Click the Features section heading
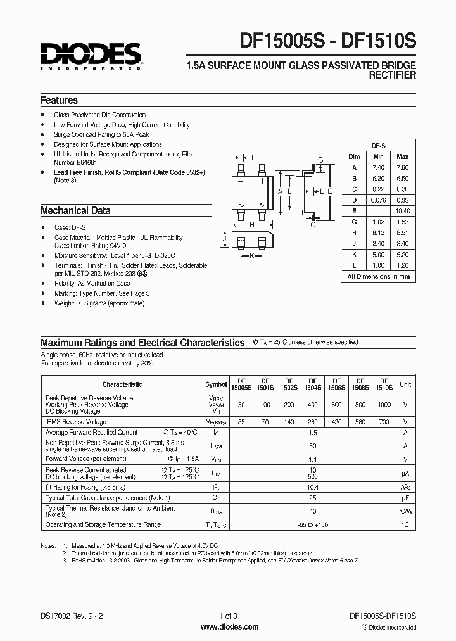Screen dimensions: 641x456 coord(59,101)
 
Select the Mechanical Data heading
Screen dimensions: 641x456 coord(75,211)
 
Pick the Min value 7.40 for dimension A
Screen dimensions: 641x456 coord(379,167)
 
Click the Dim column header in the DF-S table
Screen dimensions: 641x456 coord(354,156)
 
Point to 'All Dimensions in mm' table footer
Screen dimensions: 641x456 coord(378,276)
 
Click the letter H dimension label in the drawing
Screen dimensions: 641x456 coord(251,225)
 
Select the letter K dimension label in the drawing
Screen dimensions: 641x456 coord(251,256)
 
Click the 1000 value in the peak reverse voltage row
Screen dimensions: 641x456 coord(384,405)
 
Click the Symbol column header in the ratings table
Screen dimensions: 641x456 coord(217,384)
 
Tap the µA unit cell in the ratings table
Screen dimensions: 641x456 coord(405,473)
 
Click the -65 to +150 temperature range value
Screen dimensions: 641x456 coord(312,524)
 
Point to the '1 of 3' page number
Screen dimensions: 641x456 coord(229,616)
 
